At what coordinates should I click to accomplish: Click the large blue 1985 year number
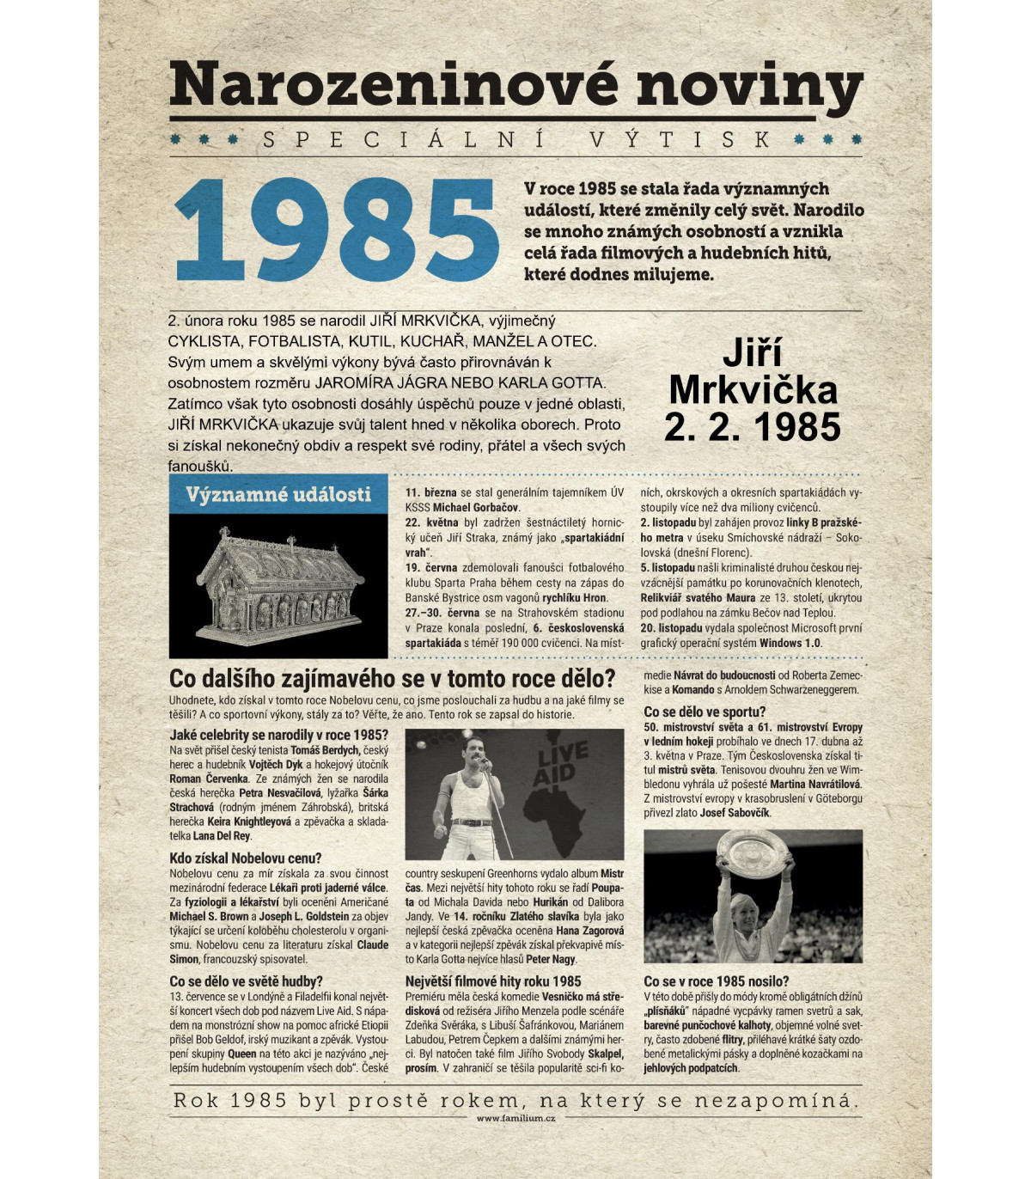[336, 233]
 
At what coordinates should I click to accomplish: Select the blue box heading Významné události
[278, 495]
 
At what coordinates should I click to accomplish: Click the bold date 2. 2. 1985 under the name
[752, 426]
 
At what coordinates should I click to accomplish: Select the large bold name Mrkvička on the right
[752, 390]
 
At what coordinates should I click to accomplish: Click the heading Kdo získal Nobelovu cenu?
[245, 858]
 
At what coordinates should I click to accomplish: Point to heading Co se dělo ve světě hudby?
[246, 981]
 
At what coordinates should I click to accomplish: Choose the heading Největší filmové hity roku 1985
[492, 981]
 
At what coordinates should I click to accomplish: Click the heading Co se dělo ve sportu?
[704, 712]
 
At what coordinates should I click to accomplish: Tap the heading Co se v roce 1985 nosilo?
[716, 981]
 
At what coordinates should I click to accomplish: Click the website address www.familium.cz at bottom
[515, 1118]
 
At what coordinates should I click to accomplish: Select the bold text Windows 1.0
[790, 643]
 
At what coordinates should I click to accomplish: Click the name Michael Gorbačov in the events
[476, 508]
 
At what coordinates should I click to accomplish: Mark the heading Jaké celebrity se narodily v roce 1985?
[278, 735]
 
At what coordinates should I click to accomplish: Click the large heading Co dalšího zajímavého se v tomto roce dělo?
[392, 678]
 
